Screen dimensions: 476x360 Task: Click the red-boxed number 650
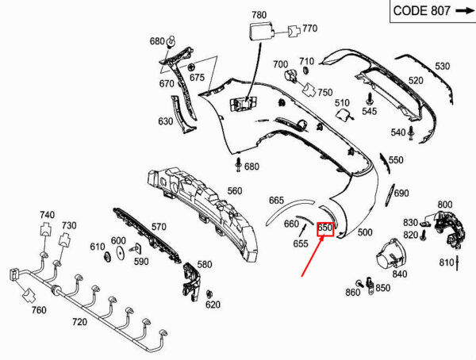point(325,229)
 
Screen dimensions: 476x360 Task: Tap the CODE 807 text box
point(433,11)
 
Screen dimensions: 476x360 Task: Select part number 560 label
point(235,191)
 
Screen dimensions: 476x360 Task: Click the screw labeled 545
point(370,99)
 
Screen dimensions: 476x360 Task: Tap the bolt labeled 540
point(411,133)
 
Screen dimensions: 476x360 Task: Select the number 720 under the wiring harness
point(79,322)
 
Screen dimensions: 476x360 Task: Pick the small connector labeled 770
point(294,31)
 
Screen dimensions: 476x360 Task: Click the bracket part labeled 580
point(191,281)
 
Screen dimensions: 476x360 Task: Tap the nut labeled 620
point(209,294)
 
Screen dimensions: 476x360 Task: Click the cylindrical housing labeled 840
point(390,254)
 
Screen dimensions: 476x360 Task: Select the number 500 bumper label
point(365,232)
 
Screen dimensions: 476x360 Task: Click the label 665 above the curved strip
point(276,201)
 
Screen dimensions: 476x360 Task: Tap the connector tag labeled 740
point(45,229)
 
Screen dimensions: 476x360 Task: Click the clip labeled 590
point(136,249)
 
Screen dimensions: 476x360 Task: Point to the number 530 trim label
point(443,66)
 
